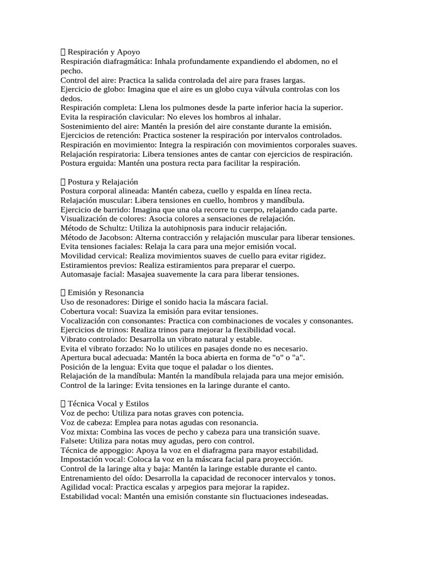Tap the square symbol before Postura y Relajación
(63, 182)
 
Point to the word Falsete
(73, 441)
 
